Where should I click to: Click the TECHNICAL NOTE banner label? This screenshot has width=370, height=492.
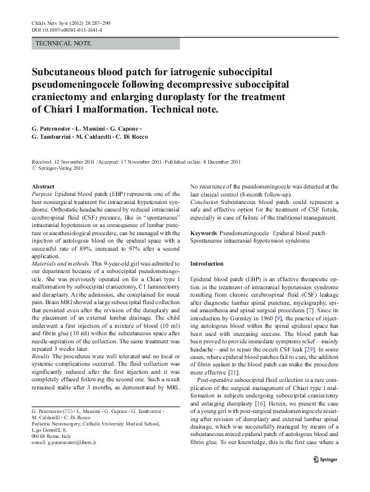tap(63, 44)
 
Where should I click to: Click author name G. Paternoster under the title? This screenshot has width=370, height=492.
tap(55, 128)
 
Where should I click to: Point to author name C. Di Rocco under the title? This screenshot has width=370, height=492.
tap(170, 137)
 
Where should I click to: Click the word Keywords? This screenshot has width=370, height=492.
tap(205, 231)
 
